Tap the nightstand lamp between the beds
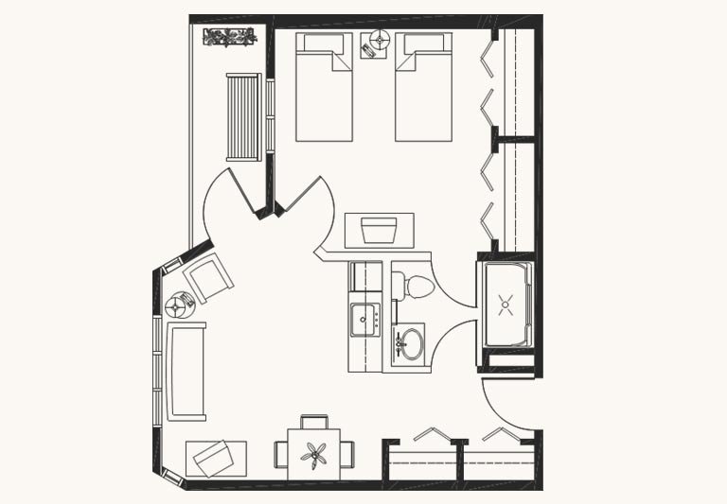click(381, 39)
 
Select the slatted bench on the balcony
click(243, 116)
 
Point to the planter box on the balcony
click(229, 38)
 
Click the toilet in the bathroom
click(413, 286)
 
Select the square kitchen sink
click(363, 319)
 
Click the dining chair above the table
click(314, 421)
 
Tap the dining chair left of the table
click(280, 455)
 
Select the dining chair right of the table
click(348, 454)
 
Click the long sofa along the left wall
click(186, 372)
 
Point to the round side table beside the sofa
click(178, 305)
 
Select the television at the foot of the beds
click(379, 231)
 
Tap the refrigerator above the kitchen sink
click(365, 276)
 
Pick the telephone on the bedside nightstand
click(367, 49)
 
